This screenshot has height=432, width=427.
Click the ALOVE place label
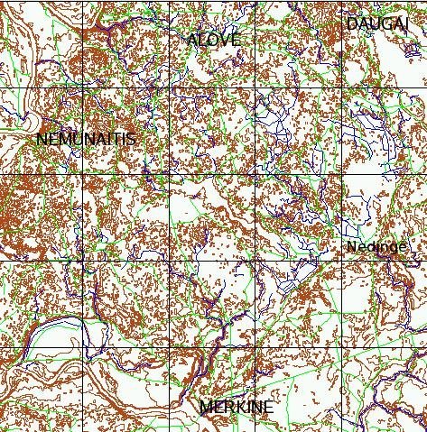[214, 40]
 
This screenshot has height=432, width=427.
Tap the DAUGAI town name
[376, 23]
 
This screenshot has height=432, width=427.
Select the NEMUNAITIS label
[87, 139]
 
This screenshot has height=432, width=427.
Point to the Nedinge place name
[376, 247]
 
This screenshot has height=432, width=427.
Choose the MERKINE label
[237, 408]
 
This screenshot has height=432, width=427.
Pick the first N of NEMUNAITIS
[42, 139]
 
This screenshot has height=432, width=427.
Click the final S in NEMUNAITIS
[132, 139]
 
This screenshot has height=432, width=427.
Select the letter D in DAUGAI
[352, 23]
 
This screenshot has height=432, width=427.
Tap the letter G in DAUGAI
[382, 23]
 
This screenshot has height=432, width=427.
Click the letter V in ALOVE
[224, 40]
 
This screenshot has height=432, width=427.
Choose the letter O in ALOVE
[212, 40]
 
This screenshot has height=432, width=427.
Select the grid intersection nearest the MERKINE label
[256, 348]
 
